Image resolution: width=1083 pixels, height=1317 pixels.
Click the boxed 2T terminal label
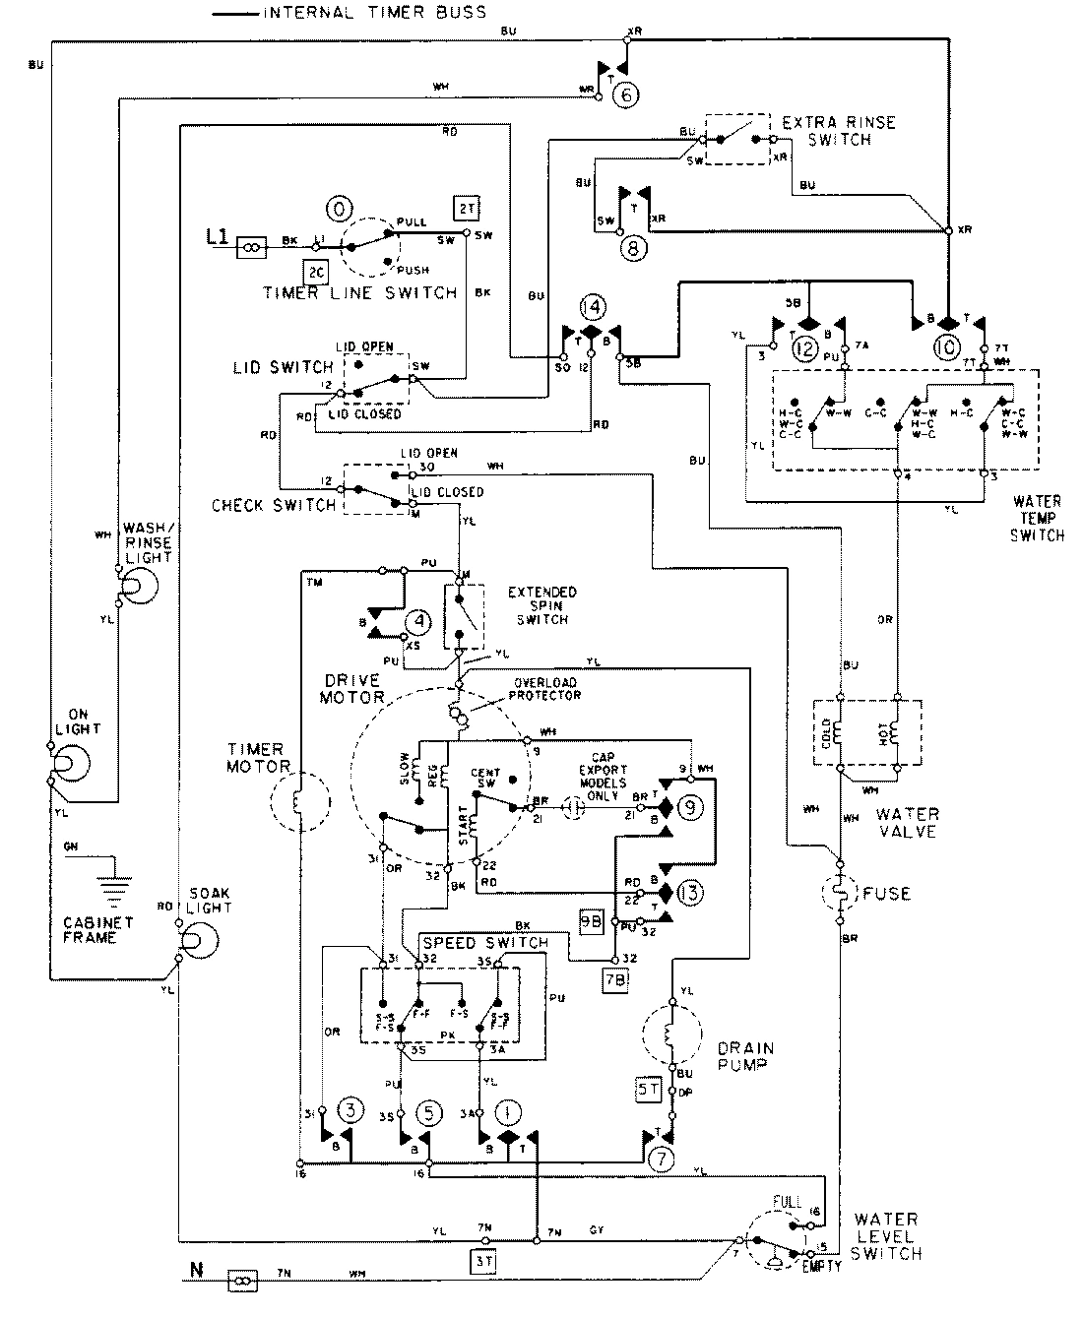click(466, 209)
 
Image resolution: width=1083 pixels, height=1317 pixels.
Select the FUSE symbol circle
click(839, 894)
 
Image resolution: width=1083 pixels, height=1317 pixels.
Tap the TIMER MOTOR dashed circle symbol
click(298, 804)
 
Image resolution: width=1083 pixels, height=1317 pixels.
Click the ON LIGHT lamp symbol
click(66, 763)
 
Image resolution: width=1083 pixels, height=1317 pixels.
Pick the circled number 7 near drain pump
click(662, 1159)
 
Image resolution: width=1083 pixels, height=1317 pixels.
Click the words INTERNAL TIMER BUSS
click(373, 13)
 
